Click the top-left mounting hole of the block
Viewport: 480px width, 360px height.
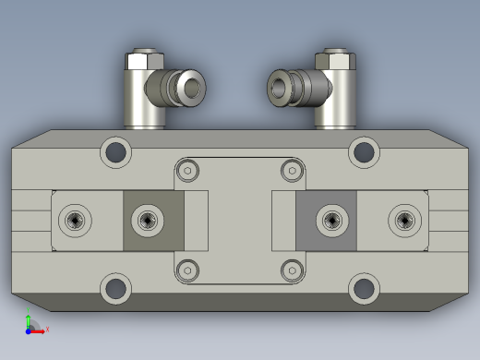click(x=115, y=151)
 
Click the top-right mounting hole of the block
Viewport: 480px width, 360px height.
click(x=364, y=151)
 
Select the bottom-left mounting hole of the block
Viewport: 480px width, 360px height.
click(x=115, y=288)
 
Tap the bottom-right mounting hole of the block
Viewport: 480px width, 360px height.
click(x=364, y=288)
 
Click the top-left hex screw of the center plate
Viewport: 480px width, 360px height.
click(x=188, y=170)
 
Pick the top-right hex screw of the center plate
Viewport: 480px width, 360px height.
click(x=292, y=170)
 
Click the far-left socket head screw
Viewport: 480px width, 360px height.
click(x=76, y=220)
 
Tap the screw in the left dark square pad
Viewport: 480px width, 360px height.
click(x=147, y=220)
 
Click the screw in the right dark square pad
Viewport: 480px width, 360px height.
click(x=331, y=220)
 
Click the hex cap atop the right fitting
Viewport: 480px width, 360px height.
click(x=336, y=62)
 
